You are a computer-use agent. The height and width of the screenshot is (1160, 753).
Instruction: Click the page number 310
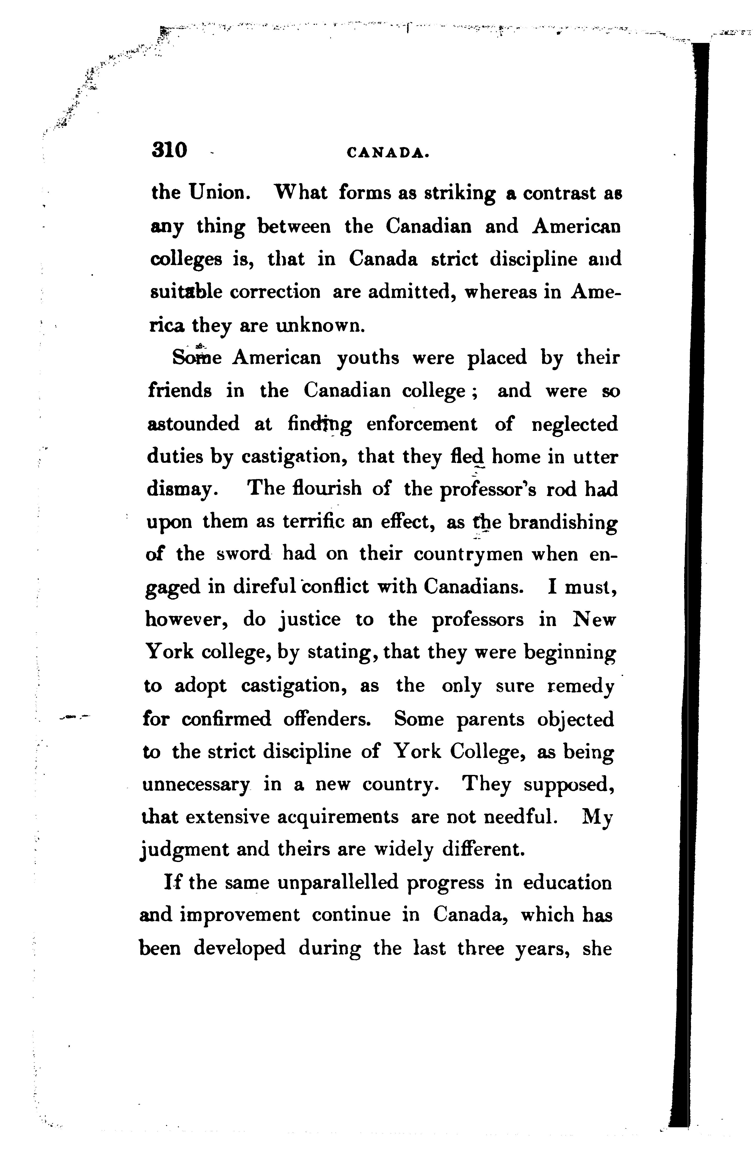(x=169, y=150)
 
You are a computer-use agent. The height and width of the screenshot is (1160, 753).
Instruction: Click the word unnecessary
(x=196, y=785)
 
